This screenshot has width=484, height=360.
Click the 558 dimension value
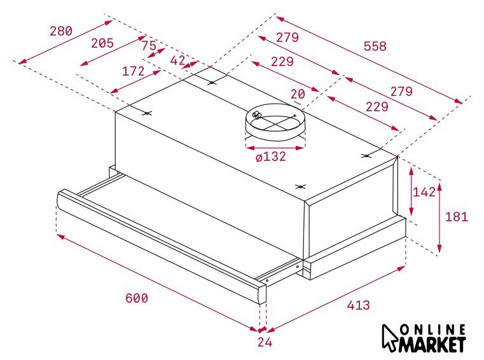tap(375, 46)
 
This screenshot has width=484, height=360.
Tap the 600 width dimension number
tap(137, 298)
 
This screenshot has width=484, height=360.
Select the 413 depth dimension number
tap(358, 305)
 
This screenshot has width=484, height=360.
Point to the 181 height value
tap(457, 217)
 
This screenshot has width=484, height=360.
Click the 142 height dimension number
tap(424, 192)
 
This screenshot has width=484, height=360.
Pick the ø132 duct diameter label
tap(271, 157)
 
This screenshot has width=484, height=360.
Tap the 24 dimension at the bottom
tap(265, 342)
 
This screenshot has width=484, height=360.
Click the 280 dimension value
tap(61, 31)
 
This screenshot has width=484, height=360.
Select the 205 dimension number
tap(102, 43)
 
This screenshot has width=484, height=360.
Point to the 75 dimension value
tap(149, 46)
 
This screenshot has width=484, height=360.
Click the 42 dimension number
tap(178, 60)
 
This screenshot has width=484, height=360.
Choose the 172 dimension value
tap(134, 71)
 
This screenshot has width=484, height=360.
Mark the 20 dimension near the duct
tap(298, 93)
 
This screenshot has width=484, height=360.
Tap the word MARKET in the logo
tap(432, 343)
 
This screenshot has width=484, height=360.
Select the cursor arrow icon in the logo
tap(389, 338)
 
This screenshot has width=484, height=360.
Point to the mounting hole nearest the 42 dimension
tap(212, 83)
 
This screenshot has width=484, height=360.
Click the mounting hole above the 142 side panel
tap(366, 156)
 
